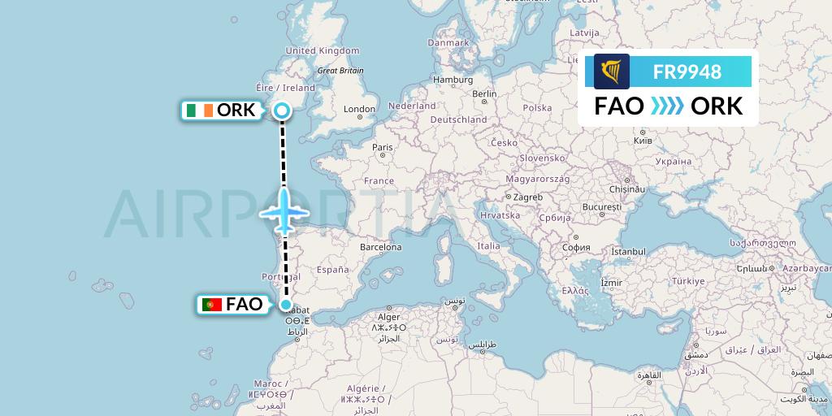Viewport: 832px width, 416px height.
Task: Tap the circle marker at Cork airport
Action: point(282,111)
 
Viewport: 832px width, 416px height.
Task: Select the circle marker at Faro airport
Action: point(286,305)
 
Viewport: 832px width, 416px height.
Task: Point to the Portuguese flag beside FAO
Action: point(213,305)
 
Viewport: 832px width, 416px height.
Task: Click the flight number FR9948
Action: point(687,71)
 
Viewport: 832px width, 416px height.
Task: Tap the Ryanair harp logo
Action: point(611,71)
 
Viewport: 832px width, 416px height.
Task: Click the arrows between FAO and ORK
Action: point(667,106)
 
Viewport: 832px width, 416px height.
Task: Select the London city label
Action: point(359,110)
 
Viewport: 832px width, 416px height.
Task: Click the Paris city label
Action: point(382,147)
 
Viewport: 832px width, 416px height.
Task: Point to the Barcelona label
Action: point(381,246)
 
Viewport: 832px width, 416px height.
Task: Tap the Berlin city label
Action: point(484,93)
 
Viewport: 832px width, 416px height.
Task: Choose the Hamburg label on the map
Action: point(453,80)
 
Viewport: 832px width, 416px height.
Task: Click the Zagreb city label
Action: point(526,197)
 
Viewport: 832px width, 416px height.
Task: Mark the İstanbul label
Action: point(627,252)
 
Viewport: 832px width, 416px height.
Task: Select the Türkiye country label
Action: point(687,280)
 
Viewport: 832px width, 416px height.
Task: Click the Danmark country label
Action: point(448,42)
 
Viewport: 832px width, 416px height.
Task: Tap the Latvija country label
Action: point(583,32)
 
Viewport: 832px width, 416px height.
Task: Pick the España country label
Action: point(332,269)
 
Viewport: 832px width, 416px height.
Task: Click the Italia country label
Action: point(488,245)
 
